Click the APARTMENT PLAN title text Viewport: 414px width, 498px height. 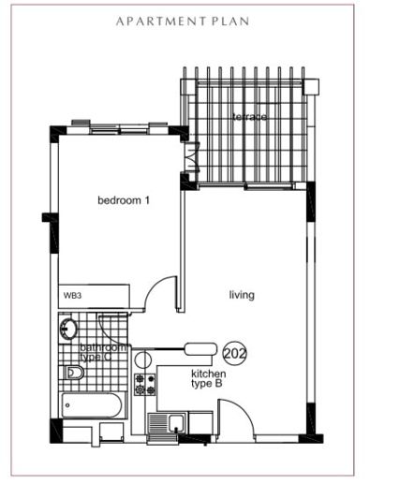[183, 22]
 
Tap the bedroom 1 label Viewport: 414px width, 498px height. [124, 200]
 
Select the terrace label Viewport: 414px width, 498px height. [249, 117]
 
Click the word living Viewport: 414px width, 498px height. [242, 295]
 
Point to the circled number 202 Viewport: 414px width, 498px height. [235, 353]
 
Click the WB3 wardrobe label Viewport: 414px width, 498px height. [72, 296]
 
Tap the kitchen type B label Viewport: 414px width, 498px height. [209, 378]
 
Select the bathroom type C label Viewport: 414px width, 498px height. [102, 352]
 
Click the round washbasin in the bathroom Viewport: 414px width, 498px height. [67, 328]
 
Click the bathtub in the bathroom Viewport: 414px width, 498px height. [92, 405]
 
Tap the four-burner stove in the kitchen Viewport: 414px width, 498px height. [145, 385]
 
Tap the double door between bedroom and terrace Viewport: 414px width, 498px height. [192, 157]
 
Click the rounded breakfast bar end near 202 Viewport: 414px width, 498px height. [201, 349]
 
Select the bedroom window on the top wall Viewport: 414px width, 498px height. [120, 129]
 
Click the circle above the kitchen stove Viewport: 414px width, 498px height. [142, 360]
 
